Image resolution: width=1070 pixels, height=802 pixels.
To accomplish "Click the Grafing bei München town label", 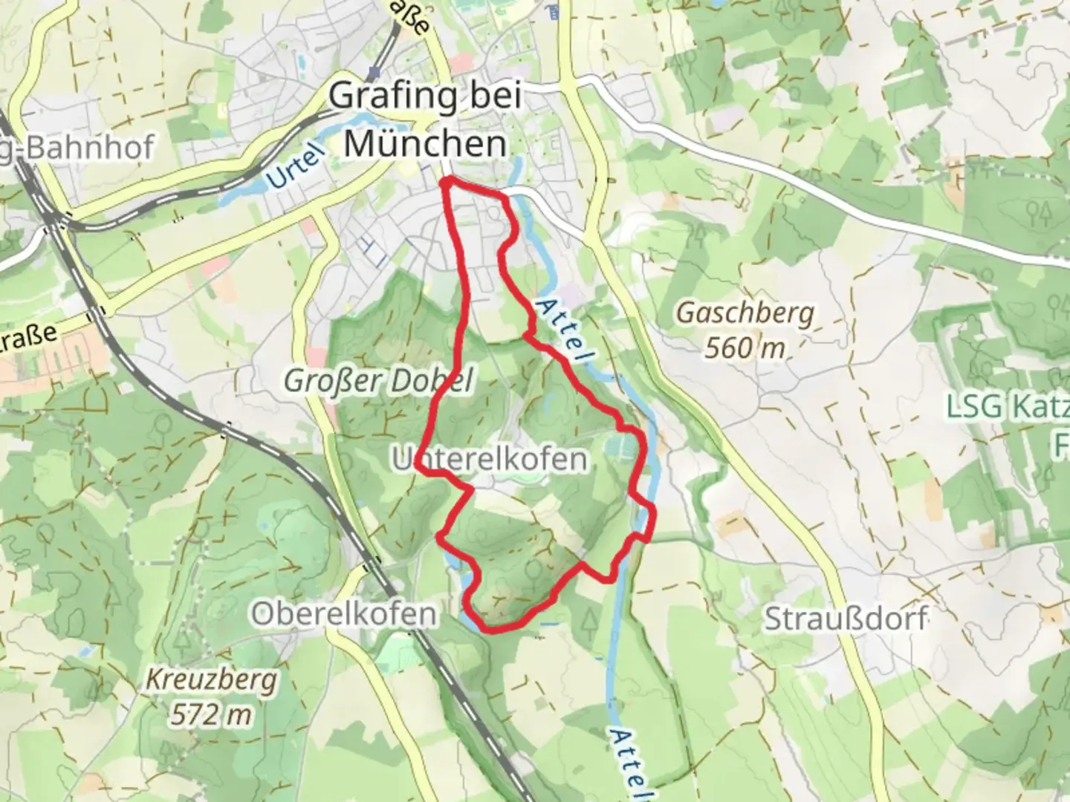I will [425, 120].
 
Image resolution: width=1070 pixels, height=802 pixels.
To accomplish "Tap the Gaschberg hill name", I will [745, 314].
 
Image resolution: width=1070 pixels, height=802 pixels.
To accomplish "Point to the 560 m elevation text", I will [745, 348].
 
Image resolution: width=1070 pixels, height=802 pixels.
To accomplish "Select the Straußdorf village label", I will [846, 618].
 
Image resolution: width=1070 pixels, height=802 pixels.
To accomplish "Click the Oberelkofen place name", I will [343, 614].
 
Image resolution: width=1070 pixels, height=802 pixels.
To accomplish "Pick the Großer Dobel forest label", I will [379, 381].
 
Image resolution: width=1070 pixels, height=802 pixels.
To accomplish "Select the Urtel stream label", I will [296, 166].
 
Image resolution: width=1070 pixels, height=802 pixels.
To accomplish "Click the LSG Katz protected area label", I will [1007, 407].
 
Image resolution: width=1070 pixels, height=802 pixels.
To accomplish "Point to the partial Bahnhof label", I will [78, 146].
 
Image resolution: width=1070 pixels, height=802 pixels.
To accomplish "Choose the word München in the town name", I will [425, 143].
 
